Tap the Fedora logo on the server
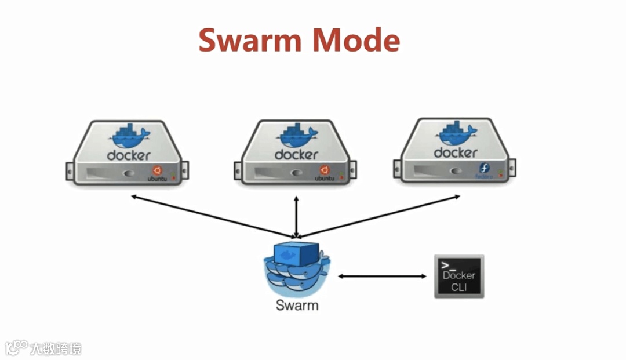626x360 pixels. click(x=484, y=169)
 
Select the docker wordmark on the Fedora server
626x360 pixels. click(x=456, y=152)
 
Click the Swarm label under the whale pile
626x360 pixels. click(x=297, y=304)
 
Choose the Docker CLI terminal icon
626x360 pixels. click(x=459, y=276)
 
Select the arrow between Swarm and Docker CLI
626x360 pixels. click(x=382, y=276)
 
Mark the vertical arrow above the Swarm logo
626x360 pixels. click(x=297, y=217)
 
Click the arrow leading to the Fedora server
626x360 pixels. click(x=379, y=216)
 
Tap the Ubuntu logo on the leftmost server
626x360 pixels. click(x=157, y=170)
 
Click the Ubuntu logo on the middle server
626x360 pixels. click(x=325, y=170)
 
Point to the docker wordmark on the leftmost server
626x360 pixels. click(x=129, y=155)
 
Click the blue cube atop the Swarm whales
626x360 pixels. click(x=296, y=253)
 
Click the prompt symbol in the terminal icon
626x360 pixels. click(x=448, y=266)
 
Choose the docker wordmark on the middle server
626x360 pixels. click(x=296, y=155)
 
